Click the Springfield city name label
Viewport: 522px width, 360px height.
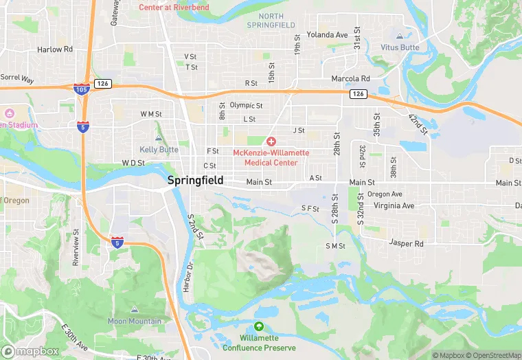point(195,180)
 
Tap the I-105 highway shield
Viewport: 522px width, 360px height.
point(80,88)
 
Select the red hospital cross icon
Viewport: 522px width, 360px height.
point(271,141)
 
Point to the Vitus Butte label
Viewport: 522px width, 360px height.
point(400,47)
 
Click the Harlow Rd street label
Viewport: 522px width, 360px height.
point(55,49)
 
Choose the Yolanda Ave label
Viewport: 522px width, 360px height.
point(327,34)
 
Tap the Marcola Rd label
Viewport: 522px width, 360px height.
point(350,79)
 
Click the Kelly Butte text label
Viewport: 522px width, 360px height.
point(159,149)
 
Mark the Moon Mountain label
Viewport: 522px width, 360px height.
point(135,321)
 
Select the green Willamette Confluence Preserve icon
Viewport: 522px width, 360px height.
point(258,326)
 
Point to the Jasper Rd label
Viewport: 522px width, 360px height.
point(405,243)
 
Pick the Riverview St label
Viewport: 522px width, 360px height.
point(76,247)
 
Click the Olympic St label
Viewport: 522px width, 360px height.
point(246,105)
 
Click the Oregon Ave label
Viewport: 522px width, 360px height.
point(385,194)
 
